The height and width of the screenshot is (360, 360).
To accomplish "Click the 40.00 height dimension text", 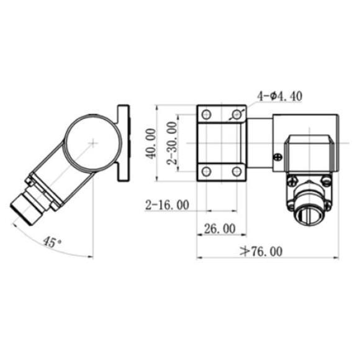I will tap(150, 144).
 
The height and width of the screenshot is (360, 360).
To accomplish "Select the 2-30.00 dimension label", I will tap(171, 143).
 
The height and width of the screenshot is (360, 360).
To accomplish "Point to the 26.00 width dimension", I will tap(220, 228).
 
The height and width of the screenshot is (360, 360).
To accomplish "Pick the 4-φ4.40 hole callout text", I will tap(280, 96).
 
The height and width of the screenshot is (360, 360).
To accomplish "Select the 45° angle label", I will tap(52, 241).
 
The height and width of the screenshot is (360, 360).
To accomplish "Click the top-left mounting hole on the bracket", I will tap(207, 114).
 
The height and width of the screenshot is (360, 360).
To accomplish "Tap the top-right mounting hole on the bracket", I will tap(236, 114).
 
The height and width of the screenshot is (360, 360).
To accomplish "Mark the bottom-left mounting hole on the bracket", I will tap(207, 171).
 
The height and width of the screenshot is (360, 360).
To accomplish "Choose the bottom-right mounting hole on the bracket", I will tap(236, 171).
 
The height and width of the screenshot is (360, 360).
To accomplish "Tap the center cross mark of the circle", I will tap(92, 143).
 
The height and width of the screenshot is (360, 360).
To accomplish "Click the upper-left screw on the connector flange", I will tap(292, 181).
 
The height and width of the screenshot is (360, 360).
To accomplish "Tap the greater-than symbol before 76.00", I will tap(245, 251).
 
